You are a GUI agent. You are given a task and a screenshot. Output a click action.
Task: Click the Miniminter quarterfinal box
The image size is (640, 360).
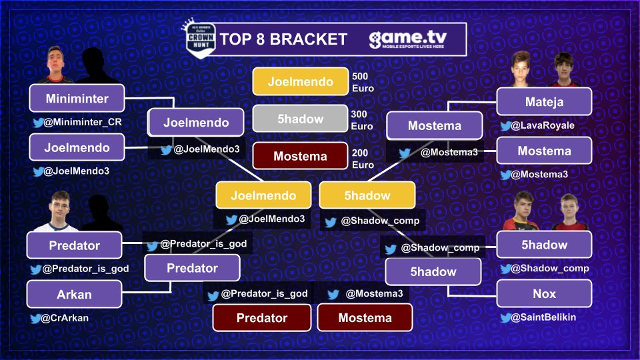click(77, 98)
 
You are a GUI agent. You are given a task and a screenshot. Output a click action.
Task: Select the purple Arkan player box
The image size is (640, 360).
click(74, 294)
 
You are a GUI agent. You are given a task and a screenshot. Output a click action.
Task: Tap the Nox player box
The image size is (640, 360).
click(544, 294)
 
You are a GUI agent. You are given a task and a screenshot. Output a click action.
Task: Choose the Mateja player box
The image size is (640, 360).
click(544, 103)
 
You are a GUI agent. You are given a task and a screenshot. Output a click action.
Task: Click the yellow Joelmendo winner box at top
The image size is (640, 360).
click(300, 82)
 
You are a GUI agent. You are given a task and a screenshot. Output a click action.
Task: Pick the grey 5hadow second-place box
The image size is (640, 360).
click(300, 119)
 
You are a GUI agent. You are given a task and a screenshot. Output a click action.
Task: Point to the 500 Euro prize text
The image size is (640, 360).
click(363, 82)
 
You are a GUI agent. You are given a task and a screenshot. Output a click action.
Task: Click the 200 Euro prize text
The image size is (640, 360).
click(363, 159)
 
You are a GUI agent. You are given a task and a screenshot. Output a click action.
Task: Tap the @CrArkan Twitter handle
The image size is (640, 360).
click(65, 318)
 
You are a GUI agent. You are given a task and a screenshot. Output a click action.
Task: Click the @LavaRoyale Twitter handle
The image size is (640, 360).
click(542, 125)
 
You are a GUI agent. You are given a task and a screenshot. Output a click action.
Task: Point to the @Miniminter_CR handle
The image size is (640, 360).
click(82, 123)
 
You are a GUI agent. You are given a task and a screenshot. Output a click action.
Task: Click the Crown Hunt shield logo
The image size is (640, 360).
click(198, 39)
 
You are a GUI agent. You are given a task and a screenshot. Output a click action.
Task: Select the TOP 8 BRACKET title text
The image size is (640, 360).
click(283, 39)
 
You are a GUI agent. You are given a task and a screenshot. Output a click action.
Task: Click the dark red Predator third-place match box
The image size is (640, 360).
click(262, 318)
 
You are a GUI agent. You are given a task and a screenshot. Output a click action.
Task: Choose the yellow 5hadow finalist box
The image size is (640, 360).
click(367, 196)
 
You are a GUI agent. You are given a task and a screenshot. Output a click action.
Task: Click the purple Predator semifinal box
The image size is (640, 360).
click(192, 269)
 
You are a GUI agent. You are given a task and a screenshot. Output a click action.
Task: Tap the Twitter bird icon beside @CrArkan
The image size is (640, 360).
click(36, 319)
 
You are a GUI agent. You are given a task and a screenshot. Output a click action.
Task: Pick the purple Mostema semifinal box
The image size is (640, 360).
click(434, 125)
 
